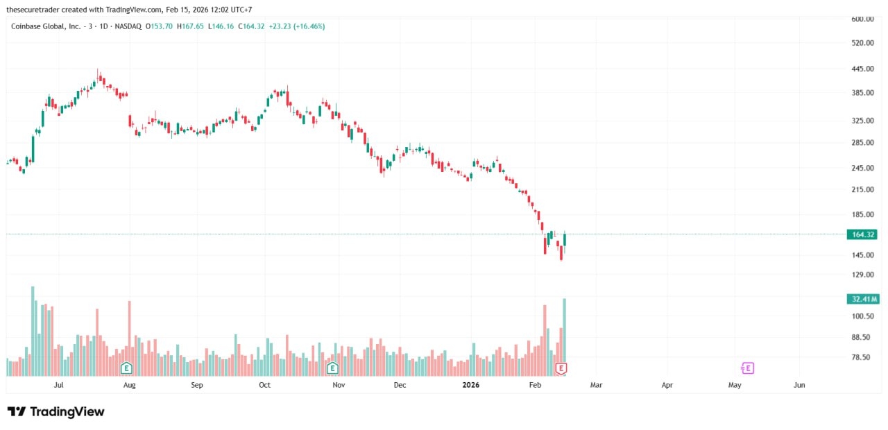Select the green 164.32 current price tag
[x=862, y=234]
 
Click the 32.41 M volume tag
[x=862, y=299]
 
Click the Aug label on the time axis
[x=128, y=384]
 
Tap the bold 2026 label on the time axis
[x=470, y=384]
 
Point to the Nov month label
[x=338, y=384]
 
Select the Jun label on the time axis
[x=799, y=384]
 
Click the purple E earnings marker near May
[x=747, y=368]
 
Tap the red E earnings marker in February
[x=561, y=368]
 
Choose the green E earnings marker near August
[x=126, y=368]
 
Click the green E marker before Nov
[x=332, y=368]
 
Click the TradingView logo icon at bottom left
[x=17, y=411]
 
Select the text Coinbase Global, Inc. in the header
[x=45, y=26]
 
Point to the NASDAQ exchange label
[x=128, y=26]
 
